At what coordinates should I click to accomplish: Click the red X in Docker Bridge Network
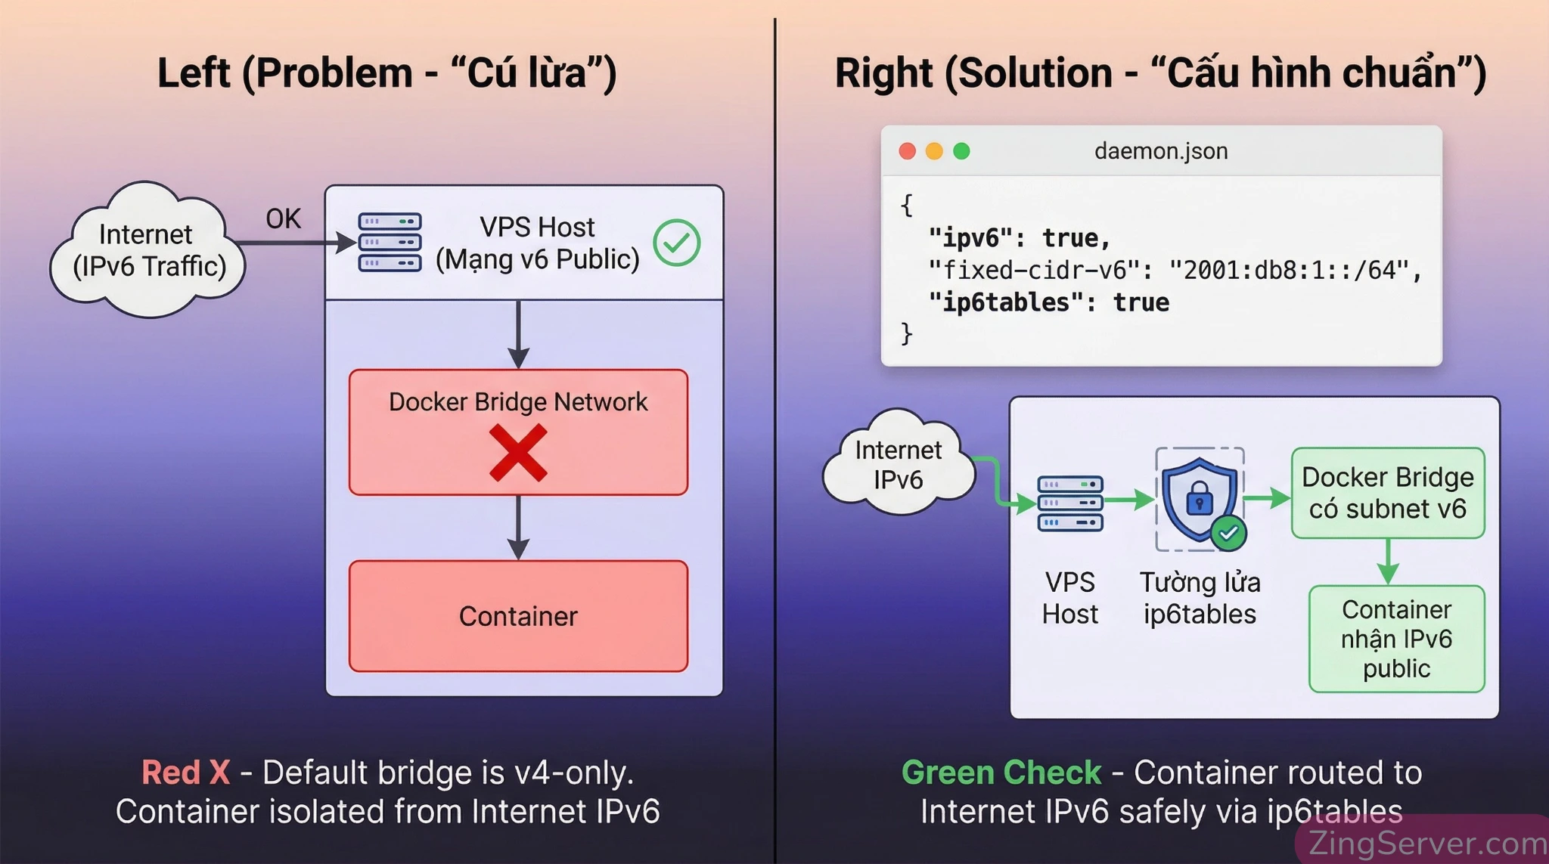click(x=518, y=452)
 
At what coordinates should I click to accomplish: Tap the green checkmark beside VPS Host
click(x=676, y=243)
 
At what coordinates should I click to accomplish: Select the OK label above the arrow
click(x=283, y=218)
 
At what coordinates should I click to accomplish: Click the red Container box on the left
click(x=518, y=616)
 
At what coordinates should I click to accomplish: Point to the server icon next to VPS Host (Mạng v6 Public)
click(x=390, y=243)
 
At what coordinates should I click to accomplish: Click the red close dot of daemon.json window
click(x=908, y=151)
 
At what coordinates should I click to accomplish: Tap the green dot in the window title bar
click(x=961, y=151)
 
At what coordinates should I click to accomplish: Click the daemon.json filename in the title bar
click(x=1160, y=151)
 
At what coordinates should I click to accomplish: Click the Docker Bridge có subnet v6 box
click(x=1387, y=493)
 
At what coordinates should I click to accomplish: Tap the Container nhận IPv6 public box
click(x=1396, y=639)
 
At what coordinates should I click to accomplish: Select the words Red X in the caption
click(x=186, y=773)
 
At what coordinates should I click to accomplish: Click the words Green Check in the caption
click(x=1001, y=773)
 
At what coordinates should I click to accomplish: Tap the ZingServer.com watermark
click(x=1426, y=842)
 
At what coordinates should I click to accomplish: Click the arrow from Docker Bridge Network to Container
click(x=518, y=528)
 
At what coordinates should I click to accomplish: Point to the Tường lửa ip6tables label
click(x=1200, y=598)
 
